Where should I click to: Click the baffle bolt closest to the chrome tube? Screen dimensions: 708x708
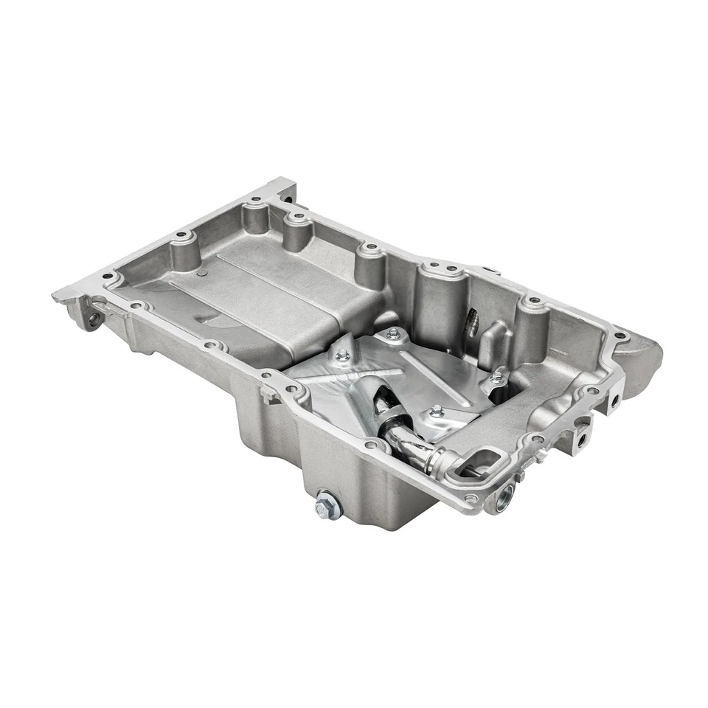tap(436, 409)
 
